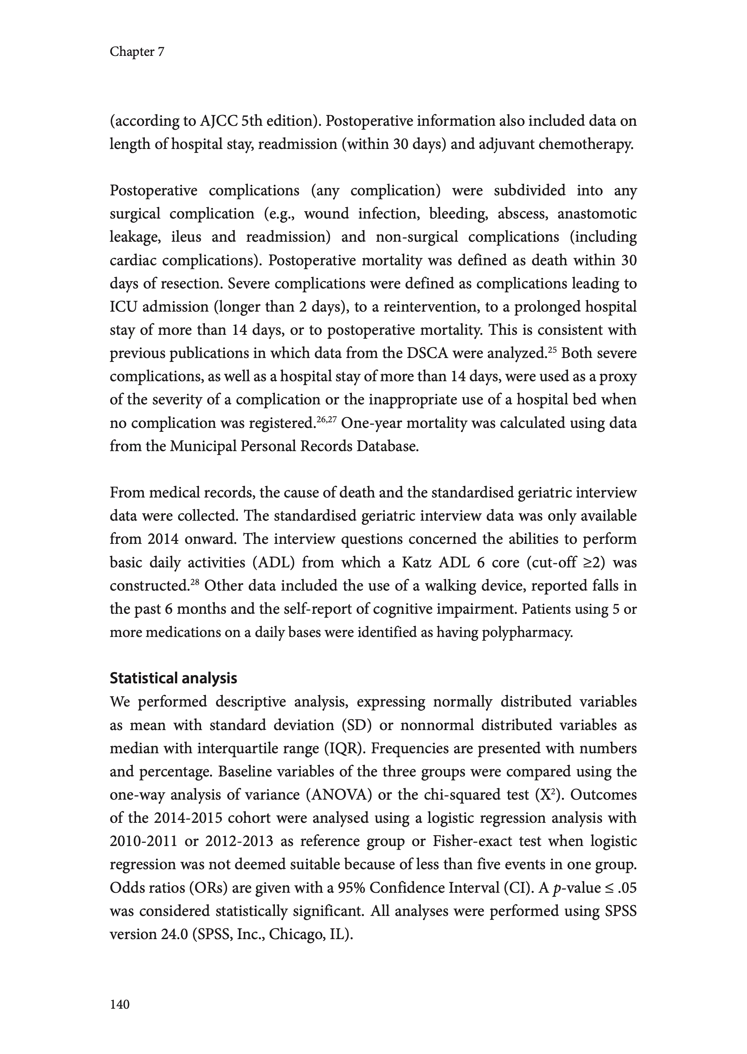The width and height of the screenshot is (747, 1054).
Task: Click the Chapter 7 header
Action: pyautogui.click(x=137, y=52)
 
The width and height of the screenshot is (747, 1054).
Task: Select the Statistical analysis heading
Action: pyautogui.click(x=173, y=678)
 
